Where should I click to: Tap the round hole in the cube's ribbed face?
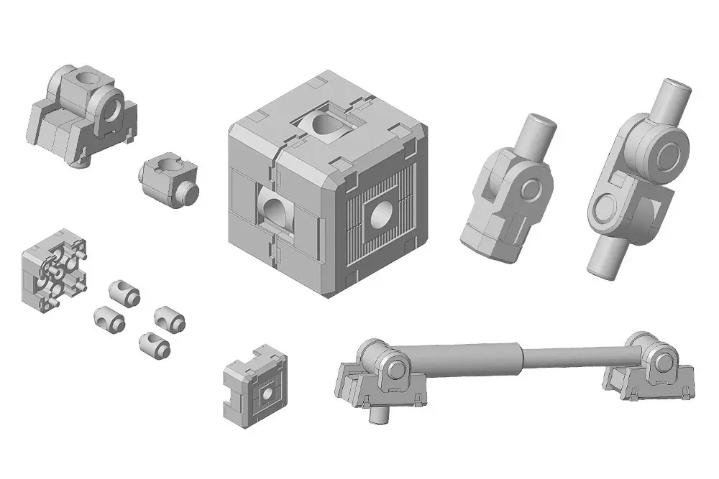coord(382,214)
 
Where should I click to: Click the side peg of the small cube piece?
coord(190,192)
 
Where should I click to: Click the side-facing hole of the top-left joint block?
coord(112,110)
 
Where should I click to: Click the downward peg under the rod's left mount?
coord(377,414)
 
